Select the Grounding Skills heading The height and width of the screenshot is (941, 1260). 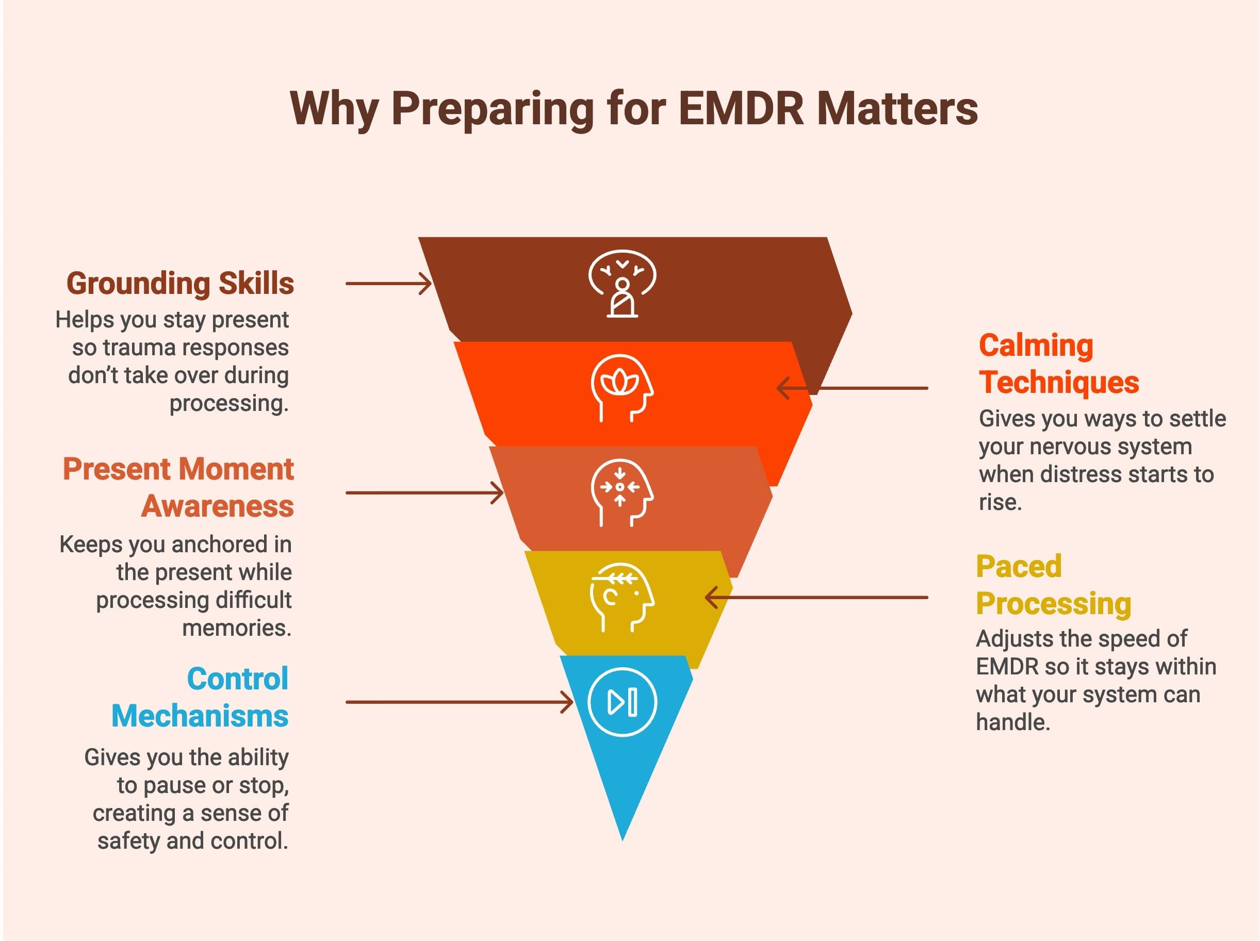(180, 283)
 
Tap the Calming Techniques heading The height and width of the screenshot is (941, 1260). (1058, 364)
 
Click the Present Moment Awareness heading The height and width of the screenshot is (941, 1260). (178, 488)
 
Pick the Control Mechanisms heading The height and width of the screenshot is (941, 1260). (200, 697)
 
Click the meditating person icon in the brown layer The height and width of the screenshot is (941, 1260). (622, 283)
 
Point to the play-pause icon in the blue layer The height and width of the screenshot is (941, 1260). (622, 702)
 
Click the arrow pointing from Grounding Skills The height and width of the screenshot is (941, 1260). (388, 283)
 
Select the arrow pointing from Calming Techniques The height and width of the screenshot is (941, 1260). (852, 388)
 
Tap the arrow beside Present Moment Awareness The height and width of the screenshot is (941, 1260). (424, 493)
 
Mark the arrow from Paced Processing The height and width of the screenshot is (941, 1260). (816, 598)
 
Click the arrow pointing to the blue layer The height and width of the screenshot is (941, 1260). (459, 702)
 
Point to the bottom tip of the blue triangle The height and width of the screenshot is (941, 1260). (623, 837)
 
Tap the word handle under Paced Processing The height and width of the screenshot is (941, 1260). (1012, 722)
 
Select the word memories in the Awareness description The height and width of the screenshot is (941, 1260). (236, 628)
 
